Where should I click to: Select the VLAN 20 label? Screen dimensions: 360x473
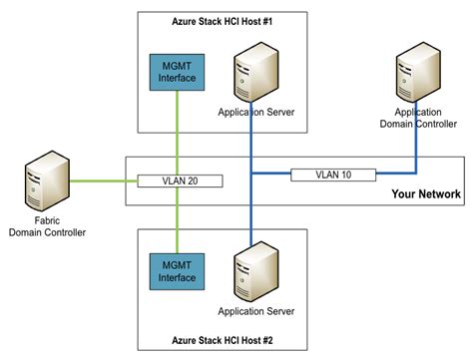(179, 181)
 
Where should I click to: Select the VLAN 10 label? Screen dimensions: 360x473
(333, 175)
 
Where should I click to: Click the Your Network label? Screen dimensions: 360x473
(425, 194)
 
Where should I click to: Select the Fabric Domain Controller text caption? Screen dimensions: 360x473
(47, 226)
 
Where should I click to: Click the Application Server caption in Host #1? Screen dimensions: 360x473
(256, 113)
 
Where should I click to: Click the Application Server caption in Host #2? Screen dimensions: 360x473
(256, 312)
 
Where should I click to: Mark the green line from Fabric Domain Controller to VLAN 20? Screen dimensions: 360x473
(100, 181)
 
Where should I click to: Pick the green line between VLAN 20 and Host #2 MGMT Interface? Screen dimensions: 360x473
(179, 219)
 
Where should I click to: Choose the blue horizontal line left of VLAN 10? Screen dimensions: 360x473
(271, 175)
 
